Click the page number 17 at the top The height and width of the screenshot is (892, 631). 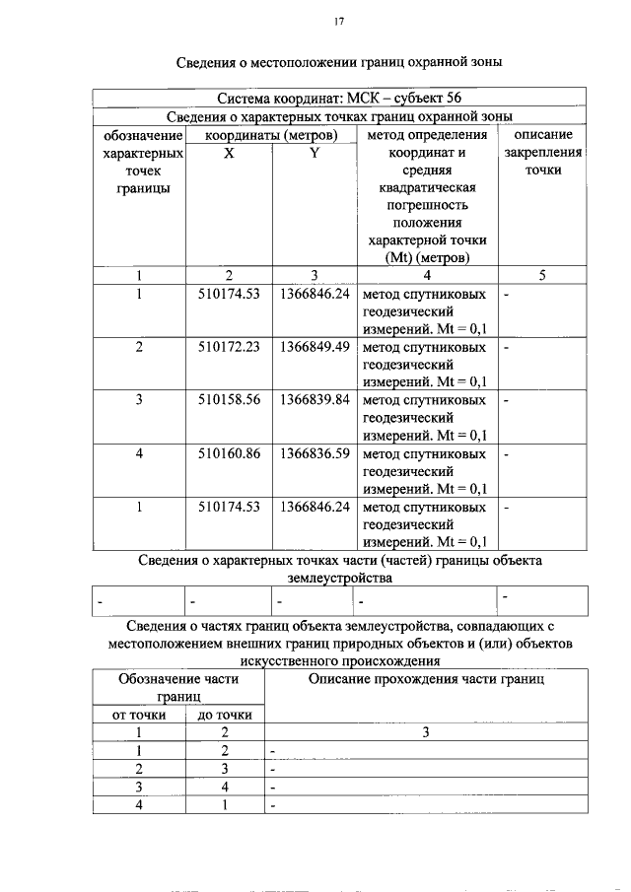tap(338, 21)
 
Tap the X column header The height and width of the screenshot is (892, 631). tap(228, 153)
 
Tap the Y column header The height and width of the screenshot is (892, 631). tap(314, 153)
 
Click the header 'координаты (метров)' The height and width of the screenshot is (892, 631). tap(271, 135)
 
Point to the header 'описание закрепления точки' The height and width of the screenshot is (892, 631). tap(544, 153)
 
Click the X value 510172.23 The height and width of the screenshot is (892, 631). tap(228, 348)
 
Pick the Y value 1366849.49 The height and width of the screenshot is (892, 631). tap(315, 348)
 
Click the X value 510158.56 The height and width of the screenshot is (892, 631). tap(228, 401)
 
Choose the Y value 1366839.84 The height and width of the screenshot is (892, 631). tap(315, 401)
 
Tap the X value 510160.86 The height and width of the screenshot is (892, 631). tap(228, 454)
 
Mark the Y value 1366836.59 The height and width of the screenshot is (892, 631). tap(315, 454)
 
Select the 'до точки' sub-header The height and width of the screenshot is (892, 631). tap(225, 715)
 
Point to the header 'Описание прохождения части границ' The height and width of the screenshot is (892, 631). tap(426, 679)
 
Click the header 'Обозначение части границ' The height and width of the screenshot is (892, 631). tap(179, 687)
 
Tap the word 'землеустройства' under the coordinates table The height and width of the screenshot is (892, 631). tap(338, 579)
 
